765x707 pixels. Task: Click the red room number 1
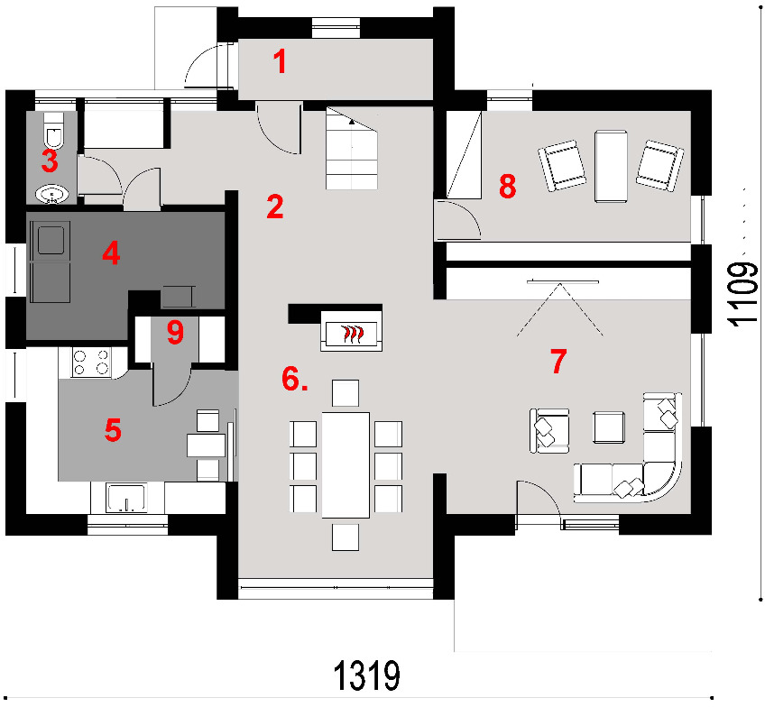280,62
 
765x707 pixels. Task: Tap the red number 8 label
507,186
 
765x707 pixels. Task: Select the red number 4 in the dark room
111,253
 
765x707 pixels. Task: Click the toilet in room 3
53,131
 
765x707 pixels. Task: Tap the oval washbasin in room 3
52,194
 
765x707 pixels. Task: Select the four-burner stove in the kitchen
91,363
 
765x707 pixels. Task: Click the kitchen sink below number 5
127,498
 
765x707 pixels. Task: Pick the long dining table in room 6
346,464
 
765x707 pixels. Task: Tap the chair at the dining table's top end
346,393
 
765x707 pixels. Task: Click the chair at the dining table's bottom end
346,537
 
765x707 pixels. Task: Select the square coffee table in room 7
609,427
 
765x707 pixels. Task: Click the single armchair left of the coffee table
549,430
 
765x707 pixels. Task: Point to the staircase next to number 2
352,148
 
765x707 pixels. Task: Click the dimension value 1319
367,675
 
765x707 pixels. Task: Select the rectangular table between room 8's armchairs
611,166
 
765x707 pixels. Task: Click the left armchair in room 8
562,166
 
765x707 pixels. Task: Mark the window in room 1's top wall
336,28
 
